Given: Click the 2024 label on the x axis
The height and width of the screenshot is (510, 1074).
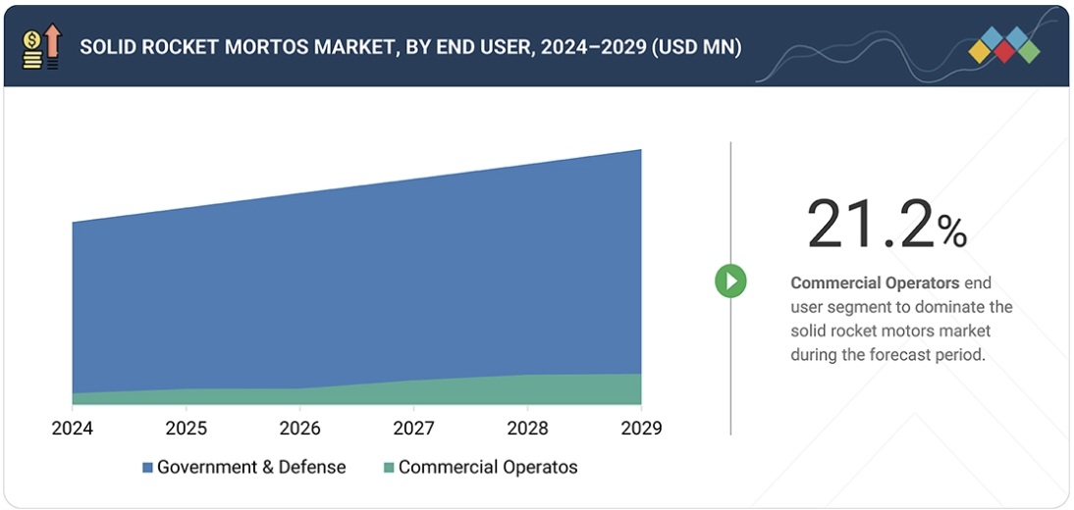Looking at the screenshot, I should tap(72, 429).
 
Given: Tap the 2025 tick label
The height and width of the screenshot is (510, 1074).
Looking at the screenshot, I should tap(186, 429).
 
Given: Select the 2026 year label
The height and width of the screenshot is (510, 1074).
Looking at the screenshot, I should tap(299, 429).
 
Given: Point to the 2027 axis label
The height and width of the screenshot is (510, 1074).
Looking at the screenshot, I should tap(413, 429).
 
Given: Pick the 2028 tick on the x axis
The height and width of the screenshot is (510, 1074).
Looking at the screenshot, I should tap(527, 429).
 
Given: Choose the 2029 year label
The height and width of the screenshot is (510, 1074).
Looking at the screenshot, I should tap(641, 429).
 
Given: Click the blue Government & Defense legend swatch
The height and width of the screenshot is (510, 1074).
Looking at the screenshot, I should tap(147, 468).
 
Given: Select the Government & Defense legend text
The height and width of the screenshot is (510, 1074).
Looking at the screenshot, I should tap(251, 468).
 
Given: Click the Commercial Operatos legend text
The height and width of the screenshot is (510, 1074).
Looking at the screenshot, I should tap(488, 468).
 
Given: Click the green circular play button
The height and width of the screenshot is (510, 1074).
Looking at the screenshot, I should tap(730, 281).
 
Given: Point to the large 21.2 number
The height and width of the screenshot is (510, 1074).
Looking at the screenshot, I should tap(868, 225).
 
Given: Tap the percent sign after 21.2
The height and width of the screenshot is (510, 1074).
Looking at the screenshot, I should tap(951, 231).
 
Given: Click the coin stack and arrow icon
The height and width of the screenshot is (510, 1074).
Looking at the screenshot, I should tap(40, 47).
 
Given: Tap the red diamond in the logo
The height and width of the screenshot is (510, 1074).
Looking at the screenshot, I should tap(1003, 52).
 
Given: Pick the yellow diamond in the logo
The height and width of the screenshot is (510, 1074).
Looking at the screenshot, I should tap(980, 52).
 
